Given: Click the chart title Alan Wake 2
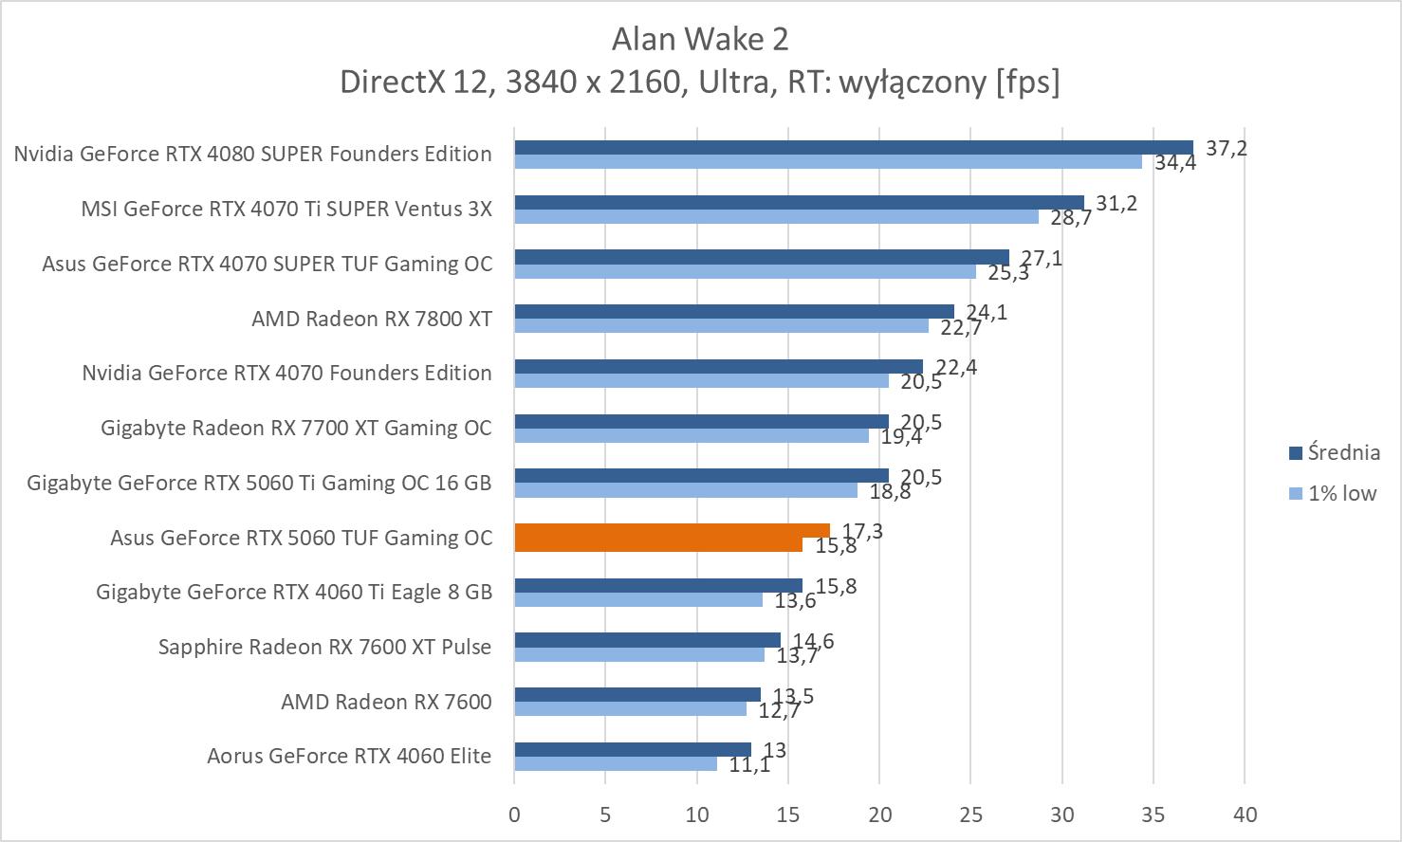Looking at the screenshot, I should click(x=700, y=39).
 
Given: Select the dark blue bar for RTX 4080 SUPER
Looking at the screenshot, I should click(x=853, y=147).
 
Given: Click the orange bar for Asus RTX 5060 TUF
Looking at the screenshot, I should click(x=672, y=532).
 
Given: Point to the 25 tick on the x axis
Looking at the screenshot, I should click(x=970, y=815).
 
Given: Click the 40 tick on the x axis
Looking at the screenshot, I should click(x=1245, y=815).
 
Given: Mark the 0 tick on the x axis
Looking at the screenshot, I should click(x=514, y=815).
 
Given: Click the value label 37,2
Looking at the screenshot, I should click(x=1227, y=148).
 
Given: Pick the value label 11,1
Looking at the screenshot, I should click(x=749, y=764).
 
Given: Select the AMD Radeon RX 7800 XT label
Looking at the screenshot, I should click(x=372, y=319).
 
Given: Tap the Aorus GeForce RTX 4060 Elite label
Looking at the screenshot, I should click(x=349, y=756).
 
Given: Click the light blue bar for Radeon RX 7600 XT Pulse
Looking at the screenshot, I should click(x=638, y=654).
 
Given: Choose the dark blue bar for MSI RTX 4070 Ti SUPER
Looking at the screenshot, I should click(x=799, y=202).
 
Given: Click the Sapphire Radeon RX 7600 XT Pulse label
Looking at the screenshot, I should click(x=324, y=647).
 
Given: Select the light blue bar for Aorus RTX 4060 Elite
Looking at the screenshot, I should click(x=615, y=763).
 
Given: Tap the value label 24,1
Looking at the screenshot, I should click(x=987, y=312).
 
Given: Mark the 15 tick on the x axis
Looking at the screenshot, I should click(x=788, y=815).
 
